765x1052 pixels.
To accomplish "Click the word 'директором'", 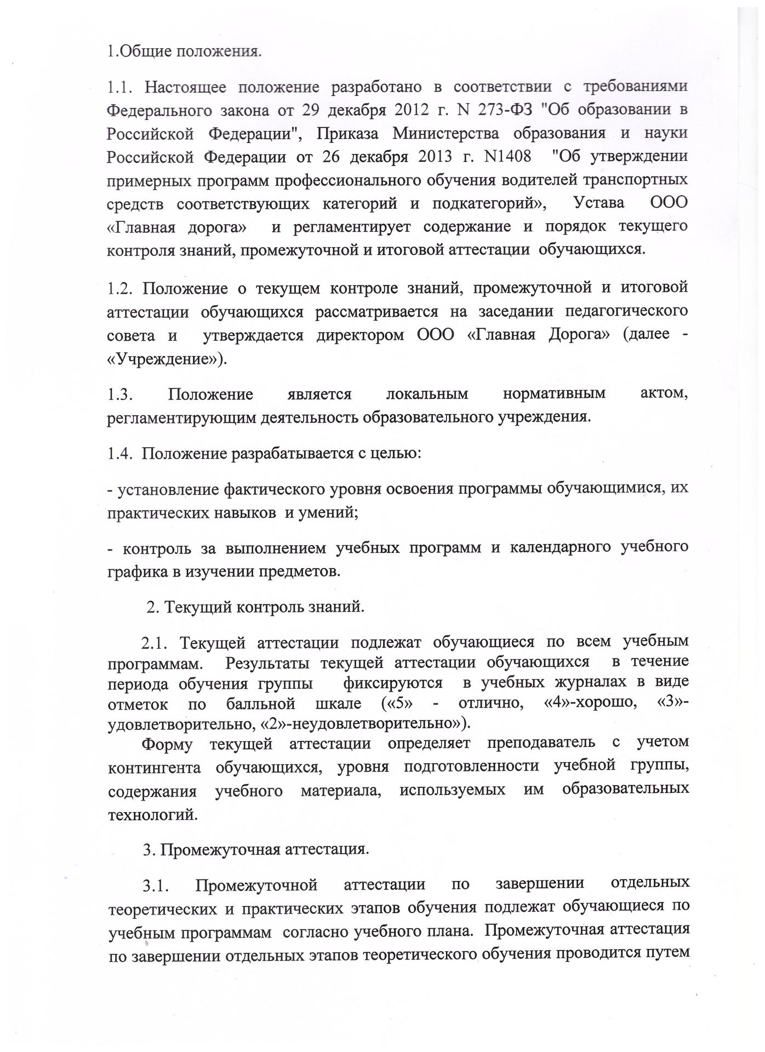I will coord(358,335).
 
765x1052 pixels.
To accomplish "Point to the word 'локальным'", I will coord(427,394).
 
